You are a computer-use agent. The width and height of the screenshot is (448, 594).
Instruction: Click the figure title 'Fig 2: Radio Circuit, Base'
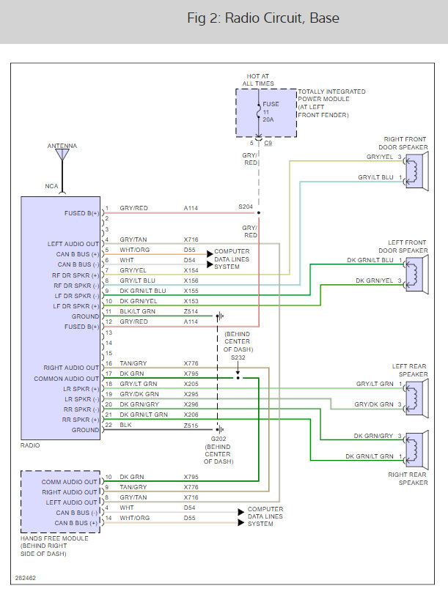[263, 18]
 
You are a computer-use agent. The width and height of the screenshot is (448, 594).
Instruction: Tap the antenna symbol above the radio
[62, 155]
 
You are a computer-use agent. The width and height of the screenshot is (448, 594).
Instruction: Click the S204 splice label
[246, 207]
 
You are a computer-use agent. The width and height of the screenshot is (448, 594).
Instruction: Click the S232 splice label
[238, 358]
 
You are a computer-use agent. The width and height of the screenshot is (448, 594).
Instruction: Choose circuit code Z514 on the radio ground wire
[191, 311]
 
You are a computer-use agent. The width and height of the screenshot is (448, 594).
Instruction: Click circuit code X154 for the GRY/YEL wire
[191, 270]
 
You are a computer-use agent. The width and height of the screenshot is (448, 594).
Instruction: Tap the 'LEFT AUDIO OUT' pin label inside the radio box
[72, 243]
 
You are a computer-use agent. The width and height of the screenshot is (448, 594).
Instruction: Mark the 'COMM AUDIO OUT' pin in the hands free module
[70, 481]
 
